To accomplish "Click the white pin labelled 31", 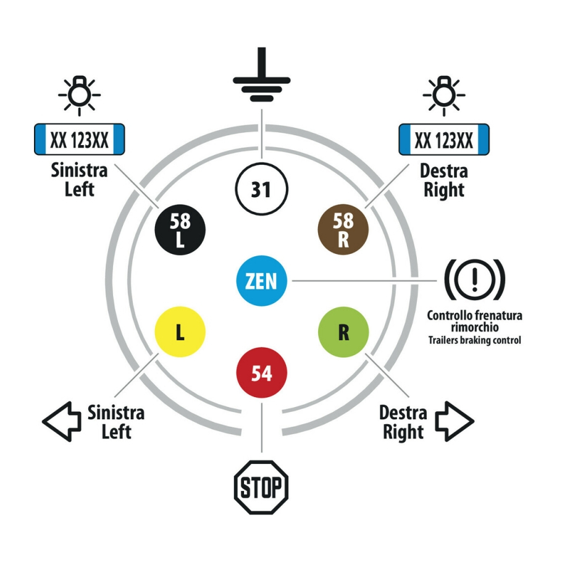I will coord(262,190).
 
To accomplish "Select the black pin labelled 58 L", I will coord(180,229).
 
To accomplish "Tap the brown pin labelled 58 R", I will coord(343,229).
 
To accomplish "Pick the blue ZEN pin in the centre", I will coord(262,281).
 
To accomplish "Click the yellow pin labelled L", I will coord(180,333).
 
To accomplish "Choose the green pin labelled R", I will coord(343,333).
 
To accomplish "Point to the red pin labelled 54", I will coord(262,373).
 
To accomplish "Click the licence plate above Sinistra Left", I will coord(78,140).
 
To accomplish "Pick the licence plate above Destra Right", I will coord(445,140).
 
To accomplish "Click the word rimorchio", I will coord(474,327).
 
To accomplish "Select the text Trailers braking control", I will coord(474,340).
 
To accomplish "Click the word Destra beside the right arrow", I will coord(403,412).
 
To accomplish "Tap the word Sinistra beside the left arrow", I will coord(116,412).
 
